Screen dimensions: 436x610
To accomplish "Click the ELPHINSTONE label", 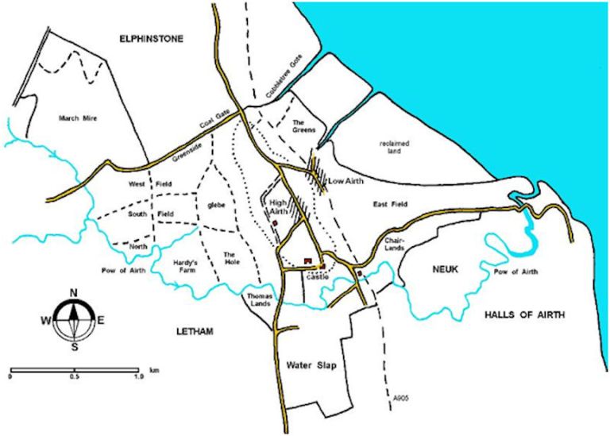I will click(150, 37).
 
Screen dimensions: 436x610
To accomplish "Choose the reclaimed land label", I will click(392, 147).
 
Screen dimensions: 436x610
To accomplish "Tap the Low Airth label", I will click(346, 181).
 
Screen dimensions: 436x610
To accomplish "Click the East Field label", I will click(390, 205).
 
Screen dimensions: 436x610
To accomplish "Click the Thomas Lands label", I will click(256, 300).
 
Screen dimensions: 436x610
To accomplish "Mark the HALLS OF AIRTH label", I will click(524, 315).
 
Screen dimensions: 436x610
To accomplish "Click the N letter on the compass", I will click(74, 291).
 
